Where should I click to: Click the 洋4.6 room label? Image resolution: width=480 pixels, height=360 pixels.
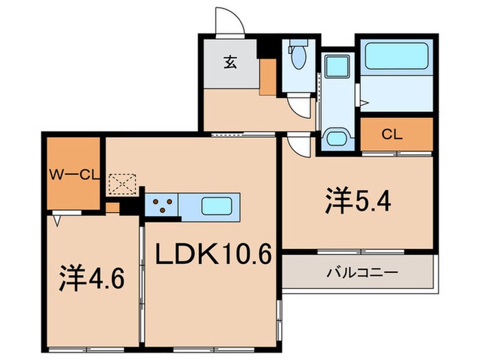point(92,278)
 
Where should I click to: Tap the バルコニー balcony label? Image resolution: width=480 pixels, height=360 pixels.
point(358,272)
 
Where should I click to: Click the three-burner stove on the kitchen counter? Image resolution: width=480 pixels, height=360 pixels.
point(161,204)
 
